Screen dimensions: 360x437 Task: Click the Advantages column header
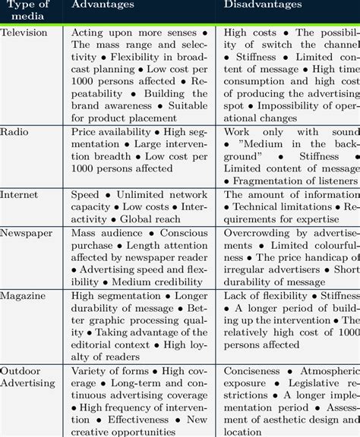point(103,5)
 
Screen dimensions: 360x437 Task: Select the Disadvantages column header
point(263,5)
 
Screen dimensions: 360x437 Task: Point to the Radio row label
point(14,131)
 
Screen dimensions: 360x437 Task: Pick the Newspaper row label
point(27,232)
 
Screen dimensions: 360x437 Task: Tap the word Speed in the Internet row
point(85,195)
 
